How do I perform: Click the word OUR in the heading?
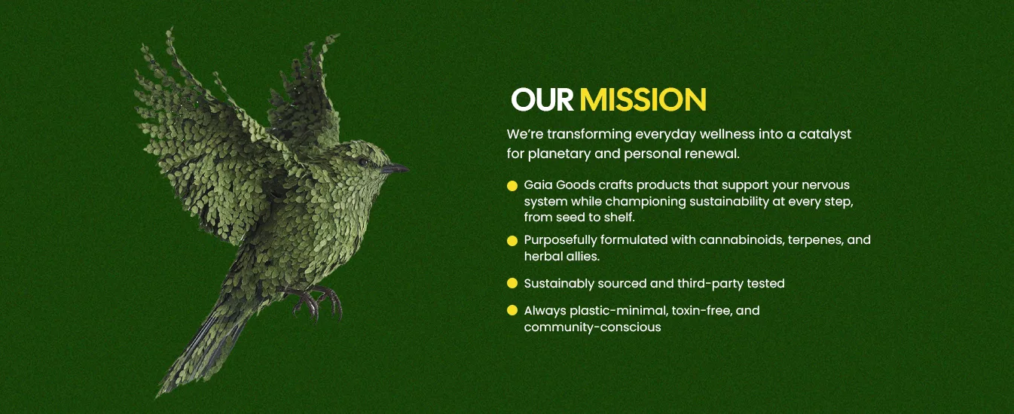coord(542,99)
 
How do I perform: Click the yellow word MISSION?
coord(643,99)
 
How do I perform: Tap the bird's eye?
coord(362,162)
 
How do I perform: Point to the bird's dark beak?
coord(395,169)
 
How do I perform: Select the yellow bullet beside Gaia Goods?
coord(512,186)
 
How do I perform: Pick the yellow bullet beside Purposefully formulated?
coord(512,241)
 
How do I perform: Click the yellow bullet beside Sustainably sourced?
coord(512,283)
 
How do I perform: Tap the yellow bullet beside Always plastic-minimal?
coord(512,310)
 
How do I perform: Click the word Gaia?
coord(538,185)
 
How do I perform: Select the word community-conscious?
coord(593,327)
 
